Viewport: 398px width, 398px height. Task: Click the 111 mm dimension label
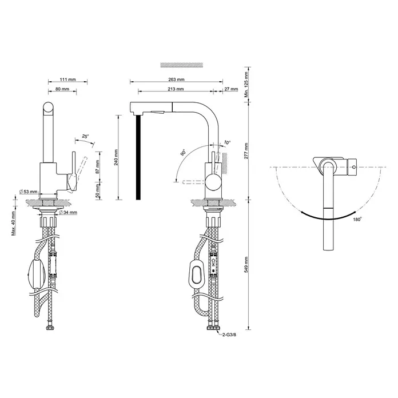pos(68,79)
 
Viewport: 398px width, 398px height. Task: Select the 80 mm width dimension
pos(62,89)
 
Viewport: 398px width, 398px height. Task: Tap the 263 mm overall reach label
pos(176,79)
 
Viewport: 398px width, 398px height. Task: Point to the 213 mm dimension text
pos(176,89)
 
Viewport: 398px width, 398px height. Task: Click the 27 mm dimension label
pos(231,89)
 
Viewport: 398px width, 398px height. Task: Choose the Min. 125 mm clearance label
pos(246,85)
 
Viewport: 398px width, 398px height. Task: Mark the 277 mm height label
pos(246,151)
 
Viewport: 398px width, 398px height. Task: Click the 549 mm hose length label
pos(246,265)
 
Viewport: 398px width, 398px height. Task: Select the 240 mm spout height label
pos(116,157)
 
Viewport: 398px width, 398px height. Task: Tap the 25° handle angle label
pos(86,137)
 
